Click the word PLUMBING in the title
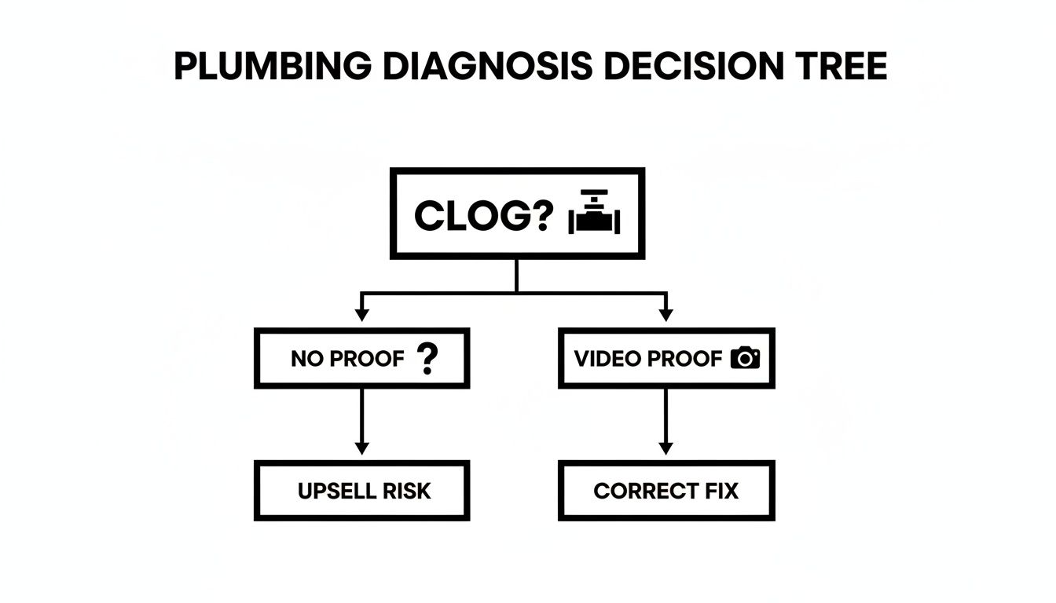click(x=272, y=67)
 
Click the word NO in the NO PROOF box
click(x=306, y=360)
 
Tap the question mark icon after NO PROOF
click(x=427, y=358)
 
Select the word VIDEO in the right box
click(x=607, y=359)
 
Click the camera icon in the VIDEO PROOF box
click(x=745, y=359)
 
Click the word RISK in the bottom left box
click(x=406, y=492)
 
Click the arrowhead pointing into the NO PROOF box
click(x=361, y=315)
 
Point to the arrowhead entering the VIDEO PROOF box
click(x=665, y=315)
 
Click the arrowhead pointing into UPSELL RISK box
click(x=361, y=448)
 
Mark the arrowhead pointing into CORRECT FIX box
click(x=665, y=448)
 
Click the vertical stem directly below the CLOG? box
click(x=516, y=275)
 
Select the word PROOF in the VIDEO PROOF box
click(x=685, y=359)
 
